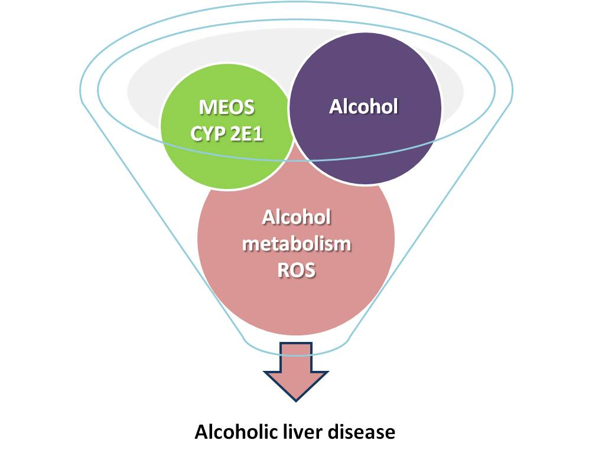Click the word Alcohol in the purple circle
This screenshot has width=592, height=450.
click(364, 106)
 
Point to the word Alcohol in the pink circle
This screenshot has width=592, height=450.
click(296, 217)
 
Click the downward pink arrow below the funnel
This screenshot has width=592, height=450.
click(295, 372)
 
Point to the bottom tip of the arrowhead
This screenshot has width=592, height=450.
click(295, 401)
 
